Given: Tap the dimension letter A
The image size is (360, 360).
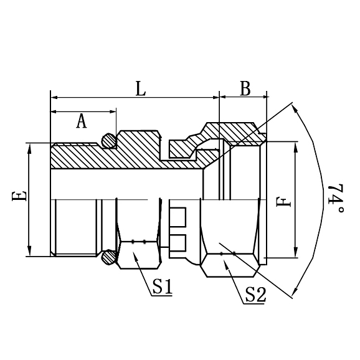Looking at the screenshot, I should coord(82,120).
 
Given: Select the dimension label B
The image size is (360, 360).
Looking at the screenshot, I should coord(245,89).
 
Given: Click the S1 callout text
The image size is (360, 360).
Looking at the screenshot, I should coord(162,287).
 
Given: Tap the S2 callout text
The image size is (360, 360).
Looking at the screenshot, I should coord(255,294).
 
